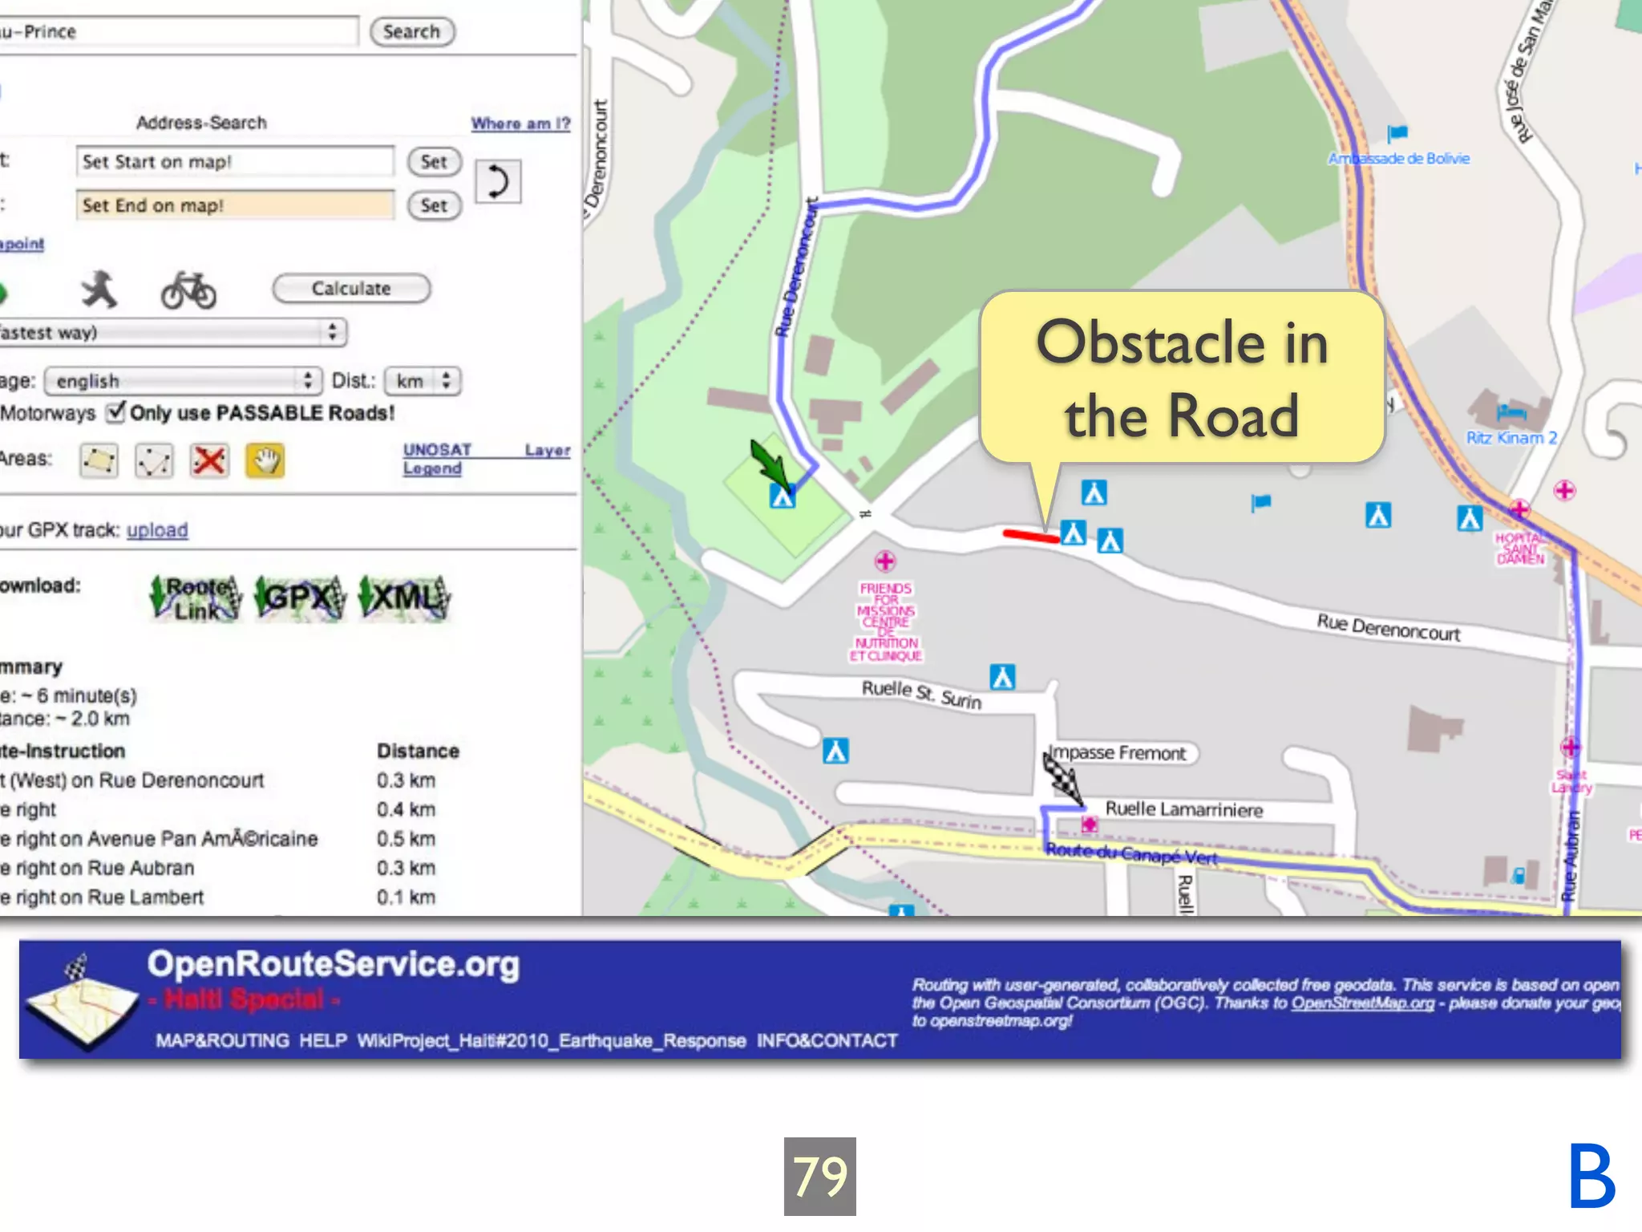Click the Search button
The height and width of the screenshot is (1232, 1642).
(411, 32)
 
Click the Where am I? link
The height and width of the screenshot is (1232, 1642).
(520, 124)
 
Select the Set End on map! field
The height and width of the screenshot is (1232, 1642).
(235, 205)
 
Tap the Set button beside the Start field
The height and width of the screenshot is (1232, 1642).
(434, 162)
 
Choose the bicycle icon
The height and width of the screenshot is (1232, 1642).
(188, 290)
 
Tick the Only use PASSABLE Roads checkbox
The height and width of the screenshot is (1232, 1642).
(117, 412)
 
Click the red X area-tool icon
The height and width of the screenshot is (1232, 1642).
(209, 460)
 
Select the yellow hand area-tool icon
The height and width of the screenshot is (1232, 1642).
(265, 460)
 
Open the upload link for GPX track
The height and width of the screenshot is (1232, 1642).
(157, 530)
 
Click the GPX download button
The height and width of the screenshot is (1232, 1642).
(301, 598)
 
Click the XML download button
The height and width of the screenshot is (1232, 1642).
(405, 598)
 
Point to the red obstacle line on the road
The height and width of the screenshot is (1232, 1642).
(1030, 535)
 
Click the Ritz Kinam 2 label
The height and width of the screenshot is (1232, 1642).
(1511, 438)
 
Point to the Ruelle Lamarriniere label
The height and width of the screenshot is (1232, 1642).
(1183, 809)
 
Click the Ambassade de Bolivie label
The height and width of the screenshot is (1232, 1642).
(1399, 159)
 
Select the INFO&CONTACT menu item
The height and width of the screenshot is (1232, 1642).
(827, 1040)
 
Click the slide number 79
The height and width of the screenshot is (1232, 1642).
(819, 1176)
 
